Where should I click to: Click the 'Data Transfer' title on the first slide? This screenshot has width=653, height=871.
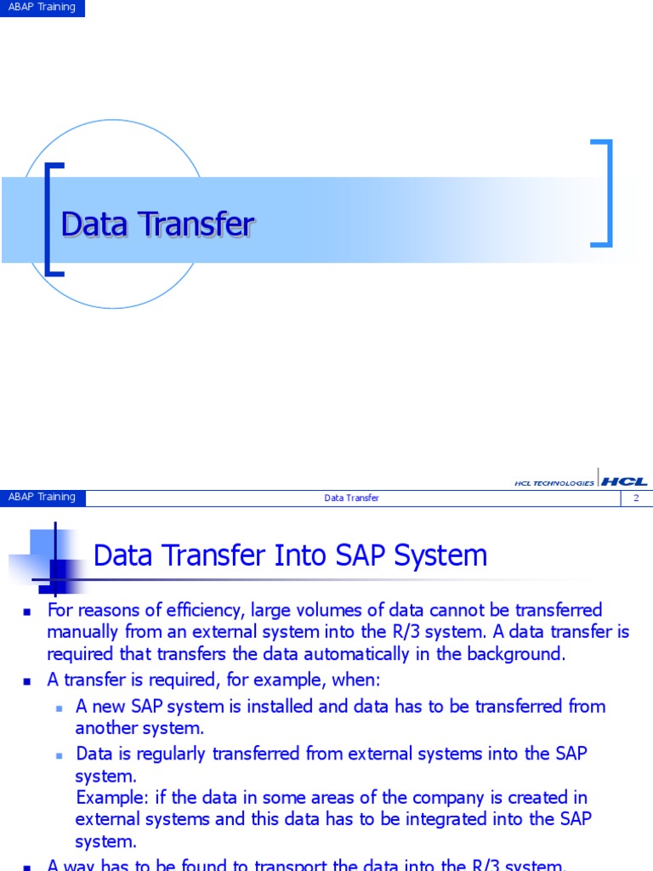(x=157, y=225)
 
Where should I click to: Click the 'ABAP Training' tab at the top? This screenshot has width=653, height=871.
(x=42, y=8)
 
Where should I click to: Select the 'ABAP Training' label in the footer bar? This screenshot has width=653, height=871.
(x=42, y=498)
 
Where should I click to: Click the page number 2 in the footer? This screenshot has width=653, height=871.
(x=635, y=498)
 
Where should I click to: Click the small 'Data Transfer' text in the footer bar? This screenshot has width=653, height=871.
(x=351, y=498)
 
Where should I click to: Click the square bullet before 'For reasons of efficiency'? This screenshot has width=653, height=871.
(x=27, y=611)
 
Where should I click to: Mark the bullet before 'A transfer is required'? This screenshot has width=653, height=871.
(x=27, y=680)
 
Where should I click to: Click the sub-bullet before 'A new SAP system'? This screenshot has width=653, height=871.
(x=60, y=707)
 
